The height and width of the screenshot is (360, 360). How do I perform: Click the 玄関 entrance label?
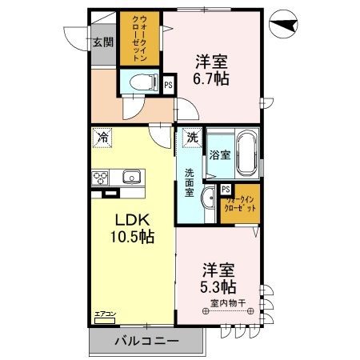coord(102,43)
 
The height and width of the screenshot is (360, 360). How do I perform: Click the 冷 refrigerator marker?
coord(102,138)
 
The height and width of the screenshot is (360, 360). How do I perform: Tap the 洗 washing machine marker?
coord(191,138)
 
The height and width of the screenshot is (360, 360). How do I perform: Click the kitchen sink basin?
coord(130,177)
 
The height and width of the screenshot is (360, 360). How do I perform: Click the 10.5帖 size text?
coord(131,238)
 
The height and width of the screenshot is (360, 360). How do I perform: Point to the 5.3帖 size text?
coord(218,286)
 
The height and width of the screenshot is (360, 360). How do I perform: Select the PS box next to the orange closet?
coord(226,190)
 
